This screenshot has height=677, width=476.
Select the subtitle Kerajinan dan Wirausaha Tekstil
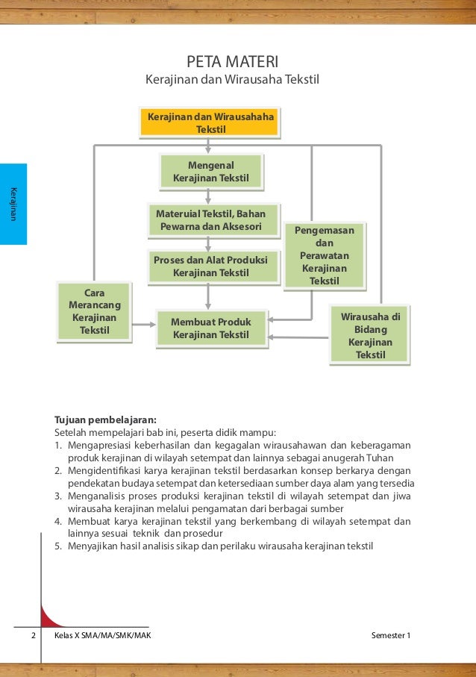tap(231, 78)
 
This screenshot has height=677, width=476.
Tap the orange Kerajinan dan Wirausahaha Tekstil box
tap(210, 123)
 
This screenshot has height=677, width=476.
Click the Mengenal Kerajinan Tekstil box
tap(211, 172)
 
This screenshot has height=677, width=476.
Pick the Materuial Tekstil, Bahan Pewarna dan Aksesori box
tap(211, 220)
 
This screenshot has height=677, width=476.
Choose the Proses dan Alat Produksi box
tap(210, 266)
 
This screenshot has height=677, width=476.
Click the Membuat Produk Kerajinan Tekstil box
tap(211, 328)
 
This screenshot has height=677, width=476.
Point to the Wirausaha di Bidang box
tap(370, 335)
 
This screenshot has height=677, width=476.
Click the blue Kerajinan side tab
tap(13, 204)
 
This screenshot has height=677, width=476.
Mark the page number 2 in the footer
tap(34, 635)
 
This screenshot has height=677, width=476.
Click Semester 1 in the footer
tap(390, 635)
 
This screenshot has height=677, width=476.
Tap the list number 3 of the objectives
tap(57, 495)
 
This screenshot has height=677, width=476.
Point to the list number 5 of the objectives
tap(57, 546)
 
